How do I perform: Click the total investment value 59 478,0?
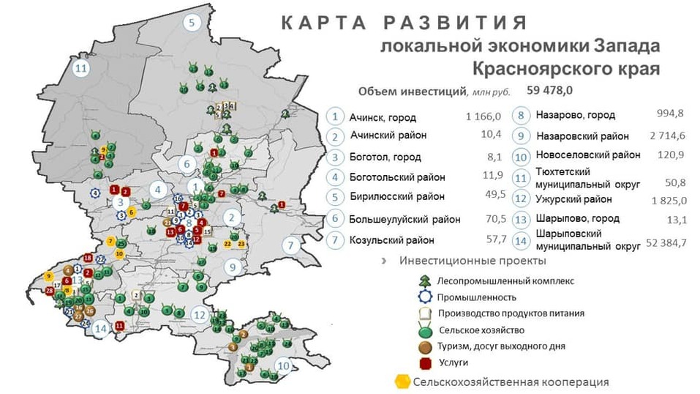pos(549,91)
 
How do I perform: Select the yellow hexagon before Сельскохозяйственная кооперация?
pos(401,382)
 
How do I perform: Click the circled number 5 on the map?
pos(191,23)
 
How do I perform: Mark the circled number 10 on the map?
pos(282,365)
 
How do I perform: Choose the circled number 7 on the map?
pos(290,245)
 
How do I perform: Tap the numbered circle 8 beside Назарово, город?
pos(520,116)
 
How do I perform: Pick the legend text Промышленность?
pos(476,297)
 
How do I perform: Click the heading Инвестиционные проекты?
pos(473,261)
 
